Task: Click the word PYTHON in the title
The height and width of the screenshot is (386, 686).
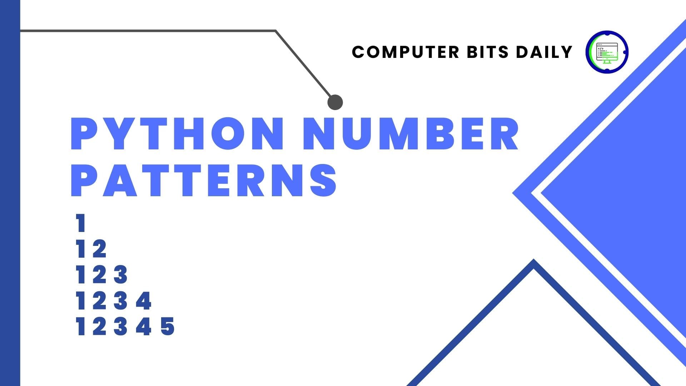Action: [177, 133]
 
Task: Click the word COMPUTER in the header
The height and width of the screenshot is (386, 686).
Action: [406, 52]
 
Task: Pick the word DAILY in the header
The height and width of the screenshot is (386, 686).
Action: [544, 52]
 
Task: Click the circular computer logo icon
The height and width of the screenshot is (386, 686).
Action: [607, 52]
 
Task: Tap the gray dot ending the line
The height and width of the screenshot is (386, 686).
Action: [335, 102]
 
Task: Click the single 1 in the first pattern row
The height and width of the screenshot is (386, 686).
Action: [81, 223]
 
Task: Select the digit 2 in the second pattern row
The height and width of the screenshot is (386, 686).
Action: [99, 249]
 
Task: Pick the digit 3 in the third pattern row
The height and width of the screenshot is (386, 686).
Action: [121, 274]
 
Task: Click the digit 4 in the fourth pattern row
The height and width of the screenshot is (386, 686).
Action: [144, 301]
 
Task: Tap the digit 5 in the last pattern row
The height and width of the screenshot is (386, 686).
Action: [168, 327]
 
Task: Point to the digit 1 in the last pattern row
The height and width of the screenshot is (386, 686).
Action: [81, 327]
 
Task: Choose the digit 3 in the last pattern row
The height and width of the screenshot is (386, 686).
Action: [121, 327]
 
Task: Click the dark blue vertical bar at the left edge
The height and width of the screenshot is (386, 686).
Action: [10, 193]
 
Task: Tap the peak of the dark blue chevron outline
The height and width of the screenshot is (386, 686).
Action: [534, 260]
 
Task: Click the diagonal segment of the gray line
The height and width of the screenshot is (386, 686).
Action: [304, 64]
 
